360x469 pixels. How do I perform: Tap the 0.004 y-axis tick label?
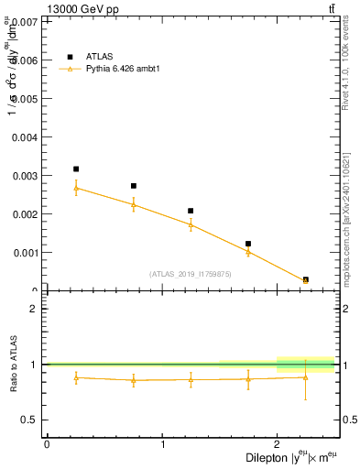tap(27, 136)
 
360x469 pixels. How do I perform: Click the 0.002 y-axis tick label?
tap(27, 214)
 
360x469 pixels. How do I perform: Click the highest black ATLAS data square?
tap(76, 169)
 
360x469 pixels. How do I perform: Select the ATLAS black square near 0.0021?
tap(191, 211)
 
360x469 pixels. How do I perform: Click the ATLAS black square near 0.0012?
tap(248, 244)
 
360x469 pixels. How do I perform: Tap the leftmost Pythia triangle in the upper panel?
tap(76, 188)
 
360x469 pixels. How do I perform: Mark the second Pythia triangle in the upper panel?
tap(134, 204)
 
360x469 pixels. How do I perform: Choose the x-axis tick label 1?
tap(162, 444)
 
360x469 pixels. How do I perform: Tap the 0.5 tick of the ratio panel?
tap(33, 420)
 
